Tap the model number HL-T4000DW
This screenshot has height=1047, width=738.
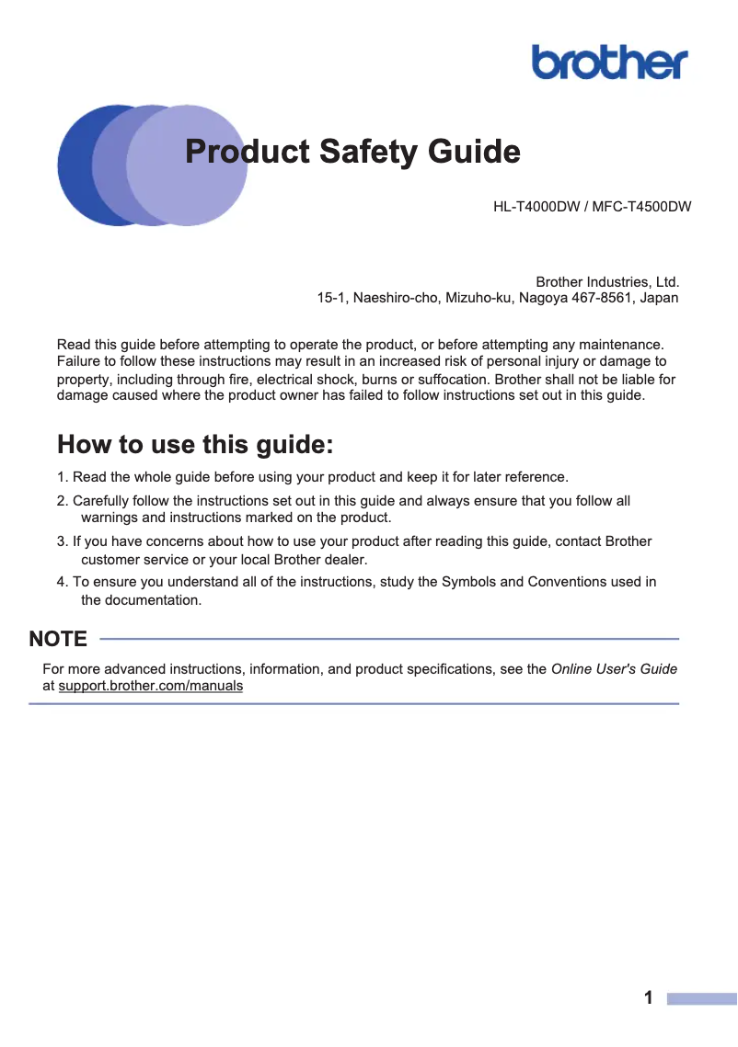(x=536, y=207)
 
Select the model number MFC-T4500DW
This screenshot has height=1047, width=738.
(x=641, y=207)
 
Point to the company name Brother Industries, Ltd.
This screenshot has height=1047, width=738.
(x=607, y=281)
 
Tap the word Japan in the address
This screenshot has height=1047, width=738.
(x=659, y=298)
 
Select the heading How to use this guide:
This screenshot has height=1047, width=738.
(x=195, y=445)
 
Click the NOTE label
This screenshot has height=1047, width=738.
(x=58, y=639)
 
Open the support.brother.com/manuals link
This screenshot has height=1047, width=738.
(x=150, y=687)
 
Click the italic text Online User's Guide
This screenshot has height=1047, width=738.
(x=614, y=669)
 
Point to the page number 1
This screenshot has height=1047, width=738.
(x=649, y=998)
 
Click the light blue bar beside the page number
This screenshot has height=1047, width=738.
(x=701, y=998)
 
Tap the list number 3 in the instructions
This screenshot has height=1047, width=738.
(x=61, y=541)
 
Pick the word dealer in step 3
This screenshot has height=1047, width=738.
(x=345, y=560)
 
